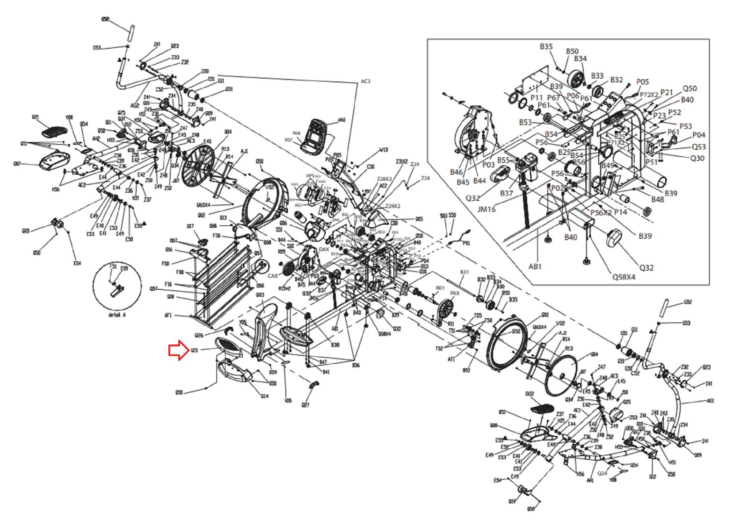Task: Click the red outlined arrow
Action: pos(178,351)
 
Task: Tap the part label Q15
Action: pos(195,350)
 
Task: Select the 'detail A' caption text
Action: pos(117,315)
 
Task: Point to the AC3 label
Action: pos(365,81)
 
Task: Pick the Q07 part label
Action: pos(17,164)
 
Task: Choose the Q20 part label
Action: pos(26,231)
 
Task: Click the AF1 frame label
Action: pos(168,315)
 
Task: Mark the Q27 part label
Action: pos(305,405)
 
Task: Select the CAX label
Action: pos(273,276)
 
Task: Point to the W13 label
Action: pos(384,150)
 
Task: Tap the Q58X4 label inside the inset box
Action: pos(624,277)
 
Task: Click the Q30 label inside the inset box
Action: pos(697,158)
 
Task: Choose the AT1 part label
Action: pos(451,359)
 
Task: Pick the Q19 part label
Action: pos(512,501)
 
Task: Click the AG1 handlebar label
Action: pos(711,401)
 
